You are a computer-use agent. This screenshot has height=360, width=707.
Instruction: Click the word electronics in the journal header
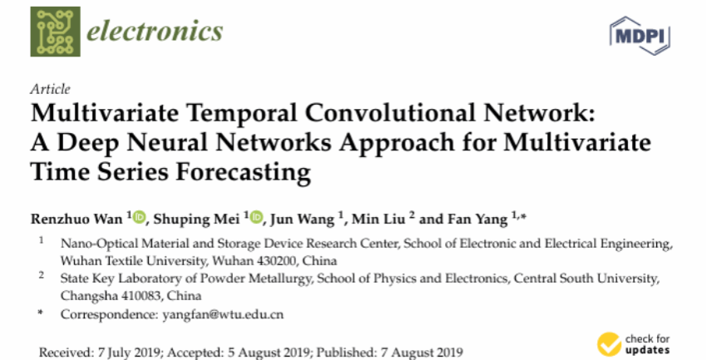pyautogui.click(x=156, y=32)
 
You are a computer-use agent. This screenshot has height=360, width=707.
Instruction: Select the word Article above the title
pyautogui.click(x=50, y=89)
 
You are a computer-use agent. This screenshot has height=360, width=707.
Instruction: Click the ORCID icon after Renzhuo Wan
pyautogui.click(x=138, y=219)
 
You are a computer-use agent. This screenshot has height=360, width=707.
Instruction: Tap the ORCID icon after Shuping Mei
pyautogui.click(x=256, y=219)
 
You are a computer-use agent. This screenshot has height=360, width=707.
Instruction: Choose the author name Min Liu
pyautogui.click(x=381, y=219)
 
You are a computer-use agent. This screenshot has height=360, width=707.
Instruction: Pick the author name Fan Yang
pyautogui.click(x=477, y=219)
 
